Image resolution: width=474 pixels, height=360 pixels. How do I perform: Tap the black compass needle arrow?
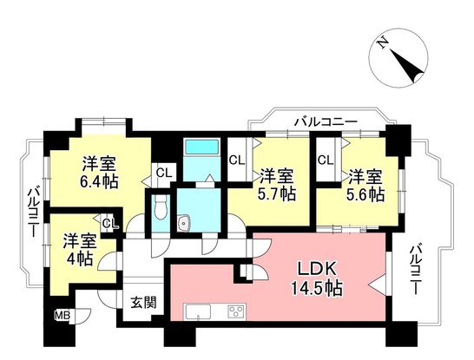pyautogui.click(x=407, y=66)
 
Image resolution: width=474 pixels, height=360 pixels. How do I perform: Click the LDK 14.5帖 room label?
pyautogui.click(x=317, y=278)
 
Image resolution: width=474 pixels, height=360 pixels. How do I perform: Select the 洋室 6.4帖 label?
pyautogui.click(x=99, y=173)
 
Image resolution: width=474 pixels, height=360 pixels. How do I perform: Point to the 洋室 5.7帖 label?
pyautogui.click(x=277, y=185)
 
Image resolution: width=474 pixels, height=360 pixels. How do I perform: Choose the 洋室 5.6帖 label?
pyautogui.click(x=365, y=185)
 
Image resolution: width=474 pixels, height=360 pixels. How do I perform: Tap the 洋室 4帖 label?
pyautogui.click(x=80, y=249)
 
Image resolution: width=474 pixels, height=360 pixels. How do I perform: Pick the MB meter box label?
pyautogui.click(x=63, y=316)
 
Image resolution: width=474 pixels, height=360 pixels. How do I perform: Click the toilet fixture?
pyautogui.click(x=161, y=206)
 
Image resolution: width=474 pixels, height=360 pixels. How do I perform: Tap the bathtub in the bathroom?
pyautogui.click(x=202, y=147)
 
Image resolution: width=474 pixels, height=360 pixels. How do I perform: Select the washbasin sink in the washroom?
pyautogui.click(x=183, y=223)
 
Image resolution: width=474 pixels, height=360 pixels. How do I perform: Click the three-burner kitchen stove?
pyautogui.click(x=236, y=312)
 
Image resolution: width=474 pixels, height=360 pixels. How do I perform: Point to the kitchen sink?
pyautogui.click(x=198, y=312)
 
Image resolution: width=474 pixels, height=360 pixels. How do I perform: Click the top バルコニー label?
pyautogui.click(x=326, y=122)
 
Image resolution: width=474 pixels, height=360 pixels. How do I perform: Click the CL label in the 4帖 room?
pyautogui.click(x=109, y=224)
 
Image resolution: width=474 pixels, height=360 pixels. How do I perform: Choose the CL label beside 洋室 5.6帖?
pyautogui.click(x=326, y=160)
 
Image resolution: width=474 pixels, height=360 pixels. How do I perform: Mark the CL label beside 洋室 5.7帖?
pyautogui.click(x=237, y=160)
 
